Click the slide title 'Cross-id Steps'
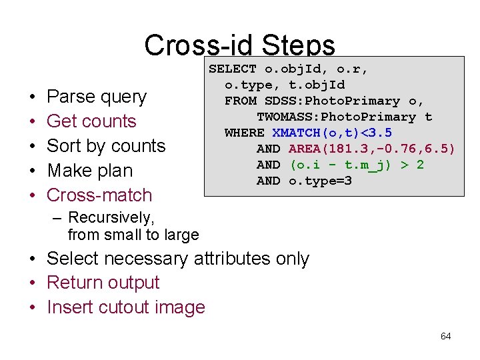[239, 45]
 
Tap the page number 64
[445, 336]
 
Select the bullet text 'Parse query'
[97, 97]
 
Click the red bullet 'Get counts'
[91, 121]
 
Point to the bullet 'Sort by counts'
[106, 146]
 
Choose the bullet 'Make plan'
[90, 171]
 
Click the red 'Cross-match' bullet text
[99, 195]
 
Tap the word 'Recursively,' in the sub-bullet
[111, 217]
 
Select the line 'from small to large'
[133, 235]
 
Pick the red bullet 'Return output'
[103, 283]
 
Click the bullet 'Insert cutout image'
[126, 307]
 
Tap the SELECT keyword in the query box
[233, 69]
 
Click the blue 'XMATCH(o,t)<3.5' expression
[332, 133]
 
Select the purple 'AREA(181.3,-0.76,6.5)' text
[372, 149]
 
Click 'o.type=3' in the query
[320, 181]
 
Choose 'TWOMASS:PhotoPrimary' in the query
[336, 117]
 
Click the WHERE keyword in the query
[244, 133]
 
